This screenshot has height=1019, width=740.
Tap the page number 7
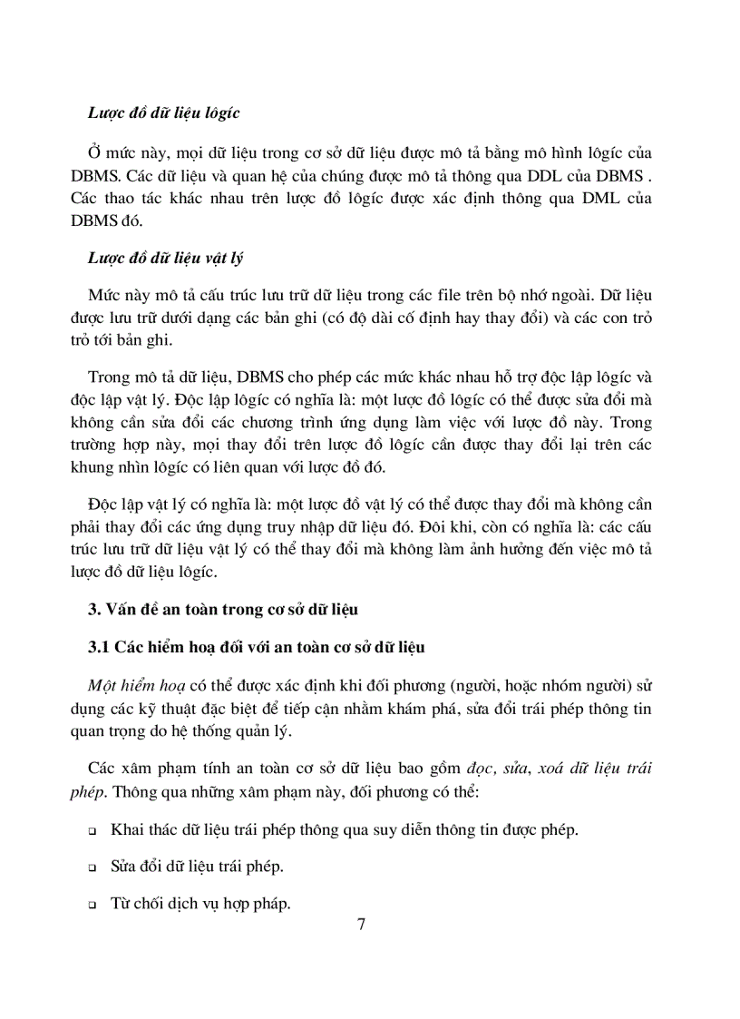(362, 925)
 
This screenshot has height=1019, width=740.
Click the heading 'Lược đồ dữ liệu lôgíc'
(163, 113)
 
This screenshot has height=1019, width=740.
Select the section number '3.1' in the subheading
(98, 647)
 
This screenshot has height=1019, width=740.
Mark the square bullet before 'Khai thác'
(92, 832)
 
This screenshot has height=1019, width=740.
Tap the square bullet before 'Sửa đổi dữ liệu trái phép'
(92, 867)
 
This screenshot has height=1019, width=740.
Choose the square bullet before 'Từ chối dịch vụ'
(92, 905)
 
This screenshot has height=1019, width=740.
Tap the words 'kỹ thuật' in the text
(190, 708)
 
